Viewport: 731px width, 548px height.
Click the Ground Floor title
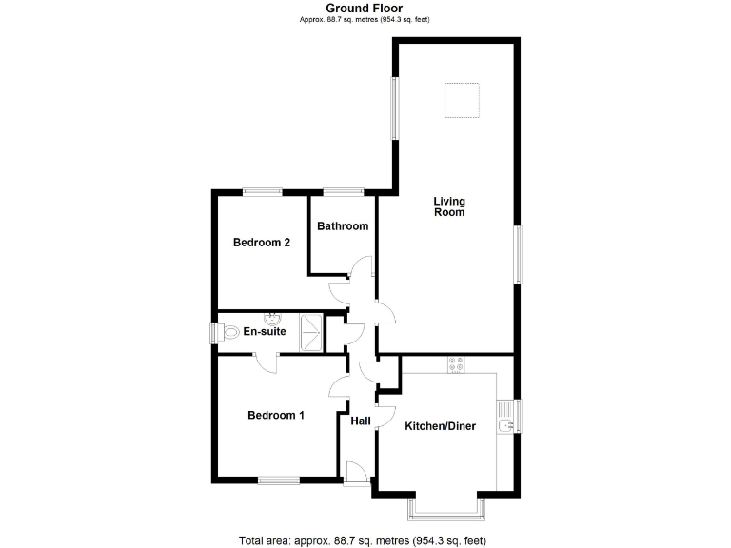(x=365, y=9)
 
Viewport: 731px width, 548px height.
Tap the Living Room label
(x=448, y=206)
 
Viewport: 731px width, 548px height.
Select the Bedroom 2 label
(x=262, y=243)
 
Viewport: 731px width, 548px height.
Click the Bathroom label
(x=343, y=226)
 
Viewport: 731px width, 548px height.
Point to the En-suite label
(x=265, y=332)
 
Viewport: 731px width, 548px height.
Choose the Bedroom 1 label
(x=276, y=415)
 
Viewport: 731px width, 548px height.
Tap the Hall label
(x=361, y=421)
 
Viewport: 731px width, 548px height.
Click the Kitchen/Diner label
(x=440, y=426)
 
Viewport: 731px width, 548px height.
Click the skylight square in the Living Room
(x=462, y=100)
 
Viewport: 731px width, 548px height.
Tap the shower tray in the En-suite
(x=309, y=331)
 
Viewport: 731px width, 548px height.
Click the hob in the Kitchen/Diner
(x=454, y=364)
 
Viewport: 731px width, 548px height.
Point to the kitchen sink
(x=507, y=417)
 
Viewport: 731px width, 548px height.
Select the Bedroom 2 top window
(x=261, y=192)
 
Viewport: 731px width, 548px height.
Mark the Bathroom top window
(x=343, y=192)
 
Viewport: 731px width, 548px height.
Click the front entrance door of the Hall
(x=355, y=473)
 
